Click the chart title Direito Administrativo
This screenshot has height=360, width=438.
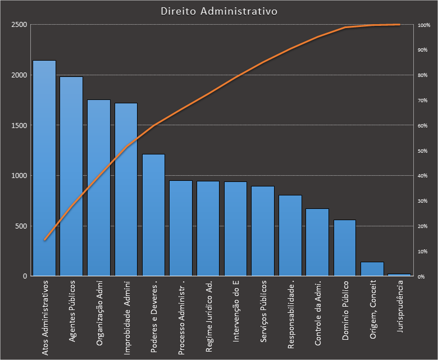click(x=218, y=11)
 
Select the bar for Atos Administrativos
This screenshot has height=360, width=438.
click(x=44, y=168)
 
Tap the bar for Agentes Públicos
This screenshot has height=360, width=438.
click(x=71, y=176)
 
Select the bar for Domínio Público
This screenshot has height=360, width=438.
click(x=345, y=248)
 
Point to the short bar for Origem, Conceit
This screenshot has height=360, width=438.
click(x=372, y=269)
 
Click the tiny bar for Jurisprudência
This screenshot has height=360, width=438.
click(x=399, y=275)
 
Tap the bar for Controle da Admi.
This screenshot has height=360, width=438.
click(x=317, y=243)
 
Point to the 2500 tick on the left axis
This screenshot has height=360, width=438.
click(x=19, y=25)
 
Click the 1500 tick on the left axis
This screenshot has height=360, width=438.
click(x=19, y=126)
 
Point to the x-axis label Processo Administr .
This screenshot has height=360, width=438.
click(x=181, y=317)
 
